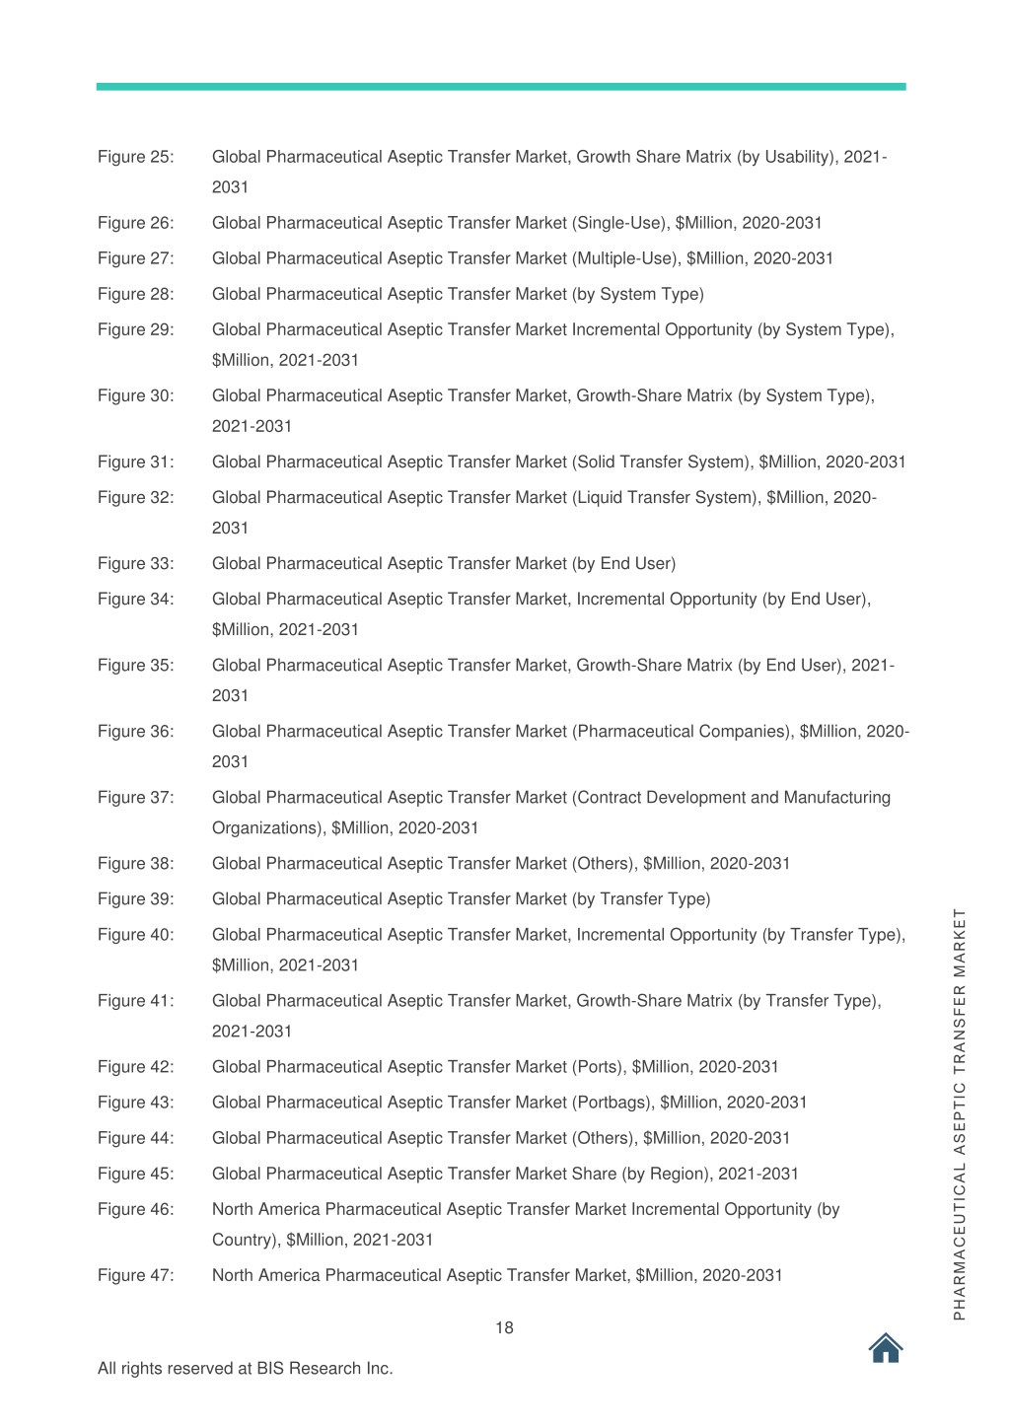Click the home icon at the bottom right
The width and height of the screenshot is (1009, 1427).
click(x=886, y=1347)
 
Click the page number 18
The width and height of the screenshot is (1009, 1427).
click(x=504, y=1327)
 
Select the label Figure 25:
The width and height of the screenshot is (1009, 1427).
click(x=135, y=157)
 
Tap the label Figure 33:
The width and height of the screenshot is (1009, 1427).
click(x=135, y=563)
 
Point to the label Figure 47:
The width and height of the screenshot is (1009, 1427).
click(x=135, y=1275)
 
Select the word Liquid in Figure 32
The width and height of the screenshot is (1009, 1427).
click(x=603, y=497)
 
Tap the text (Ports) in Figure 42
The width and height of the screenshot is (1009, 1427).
click(x=598, y=1067)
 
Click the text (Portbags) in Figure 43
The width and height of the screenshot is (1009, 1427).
click(x=612, y=1103)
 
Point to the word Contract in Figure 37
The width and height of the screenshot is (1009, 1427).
click(x=610, y=797)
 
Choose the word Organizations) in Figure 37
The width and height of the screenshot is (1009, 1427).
click(x=267, y=827)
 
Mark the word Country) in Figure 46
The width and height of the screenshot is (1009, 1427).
click(x=245, y=1240)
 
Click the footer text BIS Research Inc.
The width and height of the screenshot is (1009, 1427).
click(x=324, y=1368)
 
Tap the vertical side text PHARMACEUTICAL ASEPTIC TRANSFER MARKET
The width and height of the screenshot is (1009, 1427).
click(x=959, y=1113)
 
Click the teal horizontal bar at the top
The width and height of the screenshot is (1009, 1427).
click(x=501, y=87)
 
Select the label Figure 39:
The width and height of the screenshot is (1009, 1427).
click(x=135, y=898)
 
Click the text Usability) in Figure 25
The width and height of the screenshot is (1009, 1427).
click(x=798, y=157)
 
